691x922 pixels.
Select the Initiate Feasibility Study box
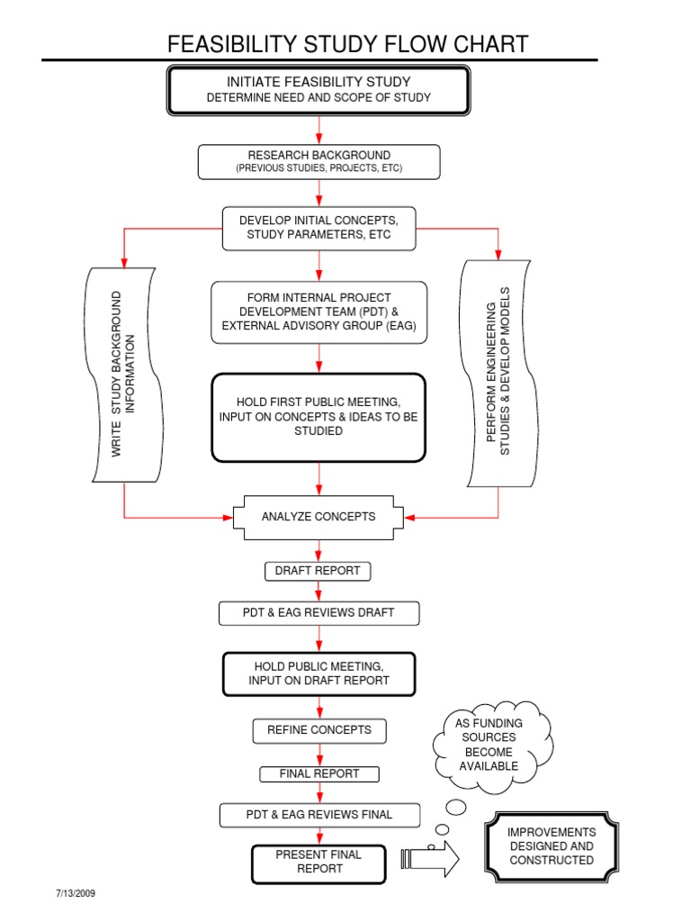(x=319, y=90)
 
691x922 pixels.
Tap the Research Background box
(x=319, y=162)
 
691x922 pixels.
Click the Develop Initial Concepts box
(x=319, y=228)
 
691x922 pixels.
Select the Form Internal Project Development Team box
(x=319, y=312)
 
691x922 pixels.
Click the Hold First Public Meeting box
(x=319, y=417)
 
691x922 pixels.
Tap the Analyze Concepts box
(x=319, y=517)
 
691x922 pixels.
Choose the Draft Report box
(x=318, y=571)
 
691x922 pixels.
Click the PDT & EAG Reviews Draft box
(x=319, y=613)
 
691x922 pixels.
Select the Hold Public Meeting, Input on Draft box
(x=319, y=673)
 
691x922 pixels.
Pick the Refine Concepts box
(x=319, y=730)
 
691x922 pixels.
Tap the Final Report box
(x=319, y=773)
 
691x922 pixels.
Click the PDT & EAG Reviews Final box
(x=319, y=815)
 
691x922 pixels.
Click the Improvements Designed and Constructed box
(x=552, y=846)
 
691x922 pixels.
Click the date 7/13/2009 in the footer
(x=76, y=894)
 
